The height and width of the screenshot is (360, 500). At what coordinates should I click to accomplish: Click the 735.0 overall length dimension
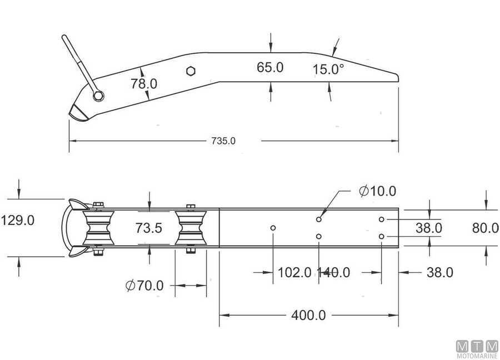(223, 141)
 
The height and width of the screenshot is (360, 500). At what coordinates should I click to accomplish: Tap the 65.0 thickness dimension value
(270, 68)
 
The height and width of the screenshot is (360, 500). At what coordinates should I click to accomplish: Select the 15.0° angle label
(328, 69)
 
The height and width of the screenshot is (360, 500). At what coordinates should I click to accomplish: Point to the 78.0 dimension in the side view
(144, 84)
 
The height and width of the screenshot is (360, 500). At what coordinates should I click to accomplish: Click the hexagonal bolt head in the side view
(191, 71)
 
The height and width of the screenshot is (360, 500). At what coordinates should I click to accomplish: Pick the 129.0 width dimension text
(18, 220)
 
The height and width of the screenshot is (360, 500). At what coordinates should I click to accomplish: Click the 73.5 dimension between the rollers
(148, 228)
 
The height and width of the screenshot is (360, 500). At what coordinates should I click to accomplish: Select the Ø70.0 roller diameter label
(144, 286)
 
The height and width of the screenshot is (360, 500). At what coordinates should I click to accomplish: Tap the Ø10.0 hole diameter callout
(377, 191)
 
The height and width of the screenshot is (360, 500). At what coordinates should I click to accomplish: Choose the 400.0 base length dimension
(308, 316)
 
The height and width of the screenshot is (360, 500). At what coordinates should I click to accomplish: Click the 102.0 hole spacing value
(294, 272)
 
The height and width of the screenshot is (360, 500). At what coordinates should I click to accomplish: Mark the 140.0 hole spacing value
(333, 272)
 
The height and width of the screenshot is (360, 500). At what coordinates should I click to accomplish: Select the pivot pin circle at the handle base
(98, 96)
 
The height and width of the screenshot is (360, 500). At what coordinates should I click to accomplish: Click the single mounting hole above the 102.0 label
(273, 228)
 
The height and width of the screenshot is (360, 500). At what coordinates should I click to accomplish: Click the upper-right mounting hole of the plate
(382, 219)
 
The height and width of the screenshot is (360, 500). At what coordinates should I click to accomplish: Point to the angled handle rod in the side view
(78, 61)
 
